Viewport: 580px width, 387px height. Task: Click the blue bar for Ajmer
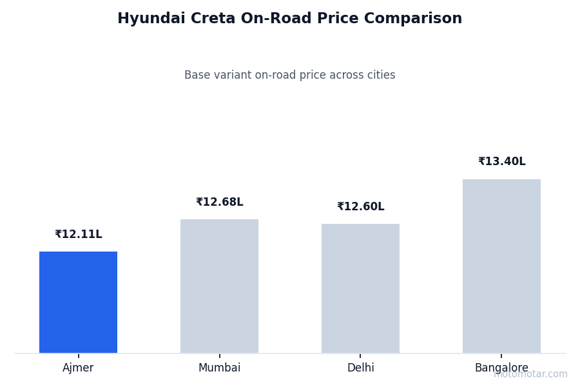pos(78,302)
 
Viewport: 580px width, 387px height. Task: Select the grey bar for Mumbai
pos(219,286)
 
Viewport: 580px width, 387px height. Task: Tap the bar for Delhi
pos(360,288)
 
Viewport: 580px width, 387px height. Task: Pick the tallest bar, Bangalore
pos(501,266)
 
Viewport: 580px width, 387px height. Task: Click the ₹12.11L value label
pos(78,235)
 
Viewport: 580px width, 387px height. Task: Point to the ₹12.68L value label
pos(219,203)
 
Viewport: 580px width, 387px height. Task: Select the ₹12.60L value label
pos(360,207)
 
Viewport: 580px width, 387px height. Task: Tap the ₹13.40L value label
pos(501,162)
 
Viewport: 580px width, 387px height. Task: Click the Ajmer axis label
pos(78,368)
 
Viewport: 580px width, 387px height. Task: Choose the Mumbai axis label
pos(219,368)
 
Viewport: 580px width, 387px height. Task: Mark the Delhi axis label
pos(360,368)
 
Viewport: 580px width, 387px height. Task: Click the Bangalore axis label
pos(501,368)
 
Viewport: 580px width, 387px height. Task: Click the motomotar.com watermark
pos(530,374)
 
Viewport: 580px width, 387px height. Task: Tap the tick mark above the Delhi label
pos(360,355)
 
